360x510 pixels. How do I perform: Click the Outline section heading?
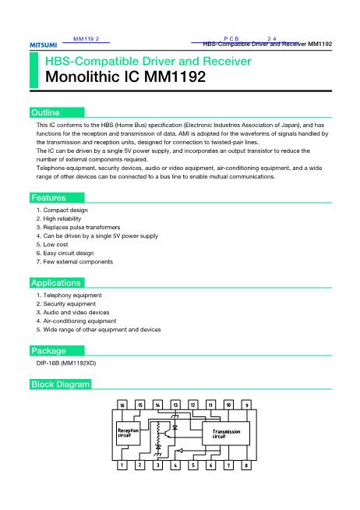tap(44, 113)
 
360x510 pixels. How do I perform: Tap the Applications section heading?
tap(55, 283)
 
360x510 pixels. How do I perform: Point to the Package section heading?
tap(48, 350)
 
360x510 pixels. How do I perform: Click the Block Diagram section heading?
tap(61, 384)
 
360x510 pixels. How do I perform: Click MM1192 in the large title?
tap(172, 78)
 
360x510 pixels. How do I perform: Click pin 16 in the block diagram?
tap(122, 406)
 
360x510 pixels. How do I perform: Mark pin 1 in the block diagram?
tap(122, 466)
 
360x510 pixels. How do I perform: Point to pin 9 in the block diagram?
tap(246, 406)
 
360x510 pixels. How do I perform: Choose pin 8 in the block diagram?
tap(246, 466)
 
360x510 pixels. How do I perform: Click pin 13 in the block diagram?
tap(175, 406)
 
